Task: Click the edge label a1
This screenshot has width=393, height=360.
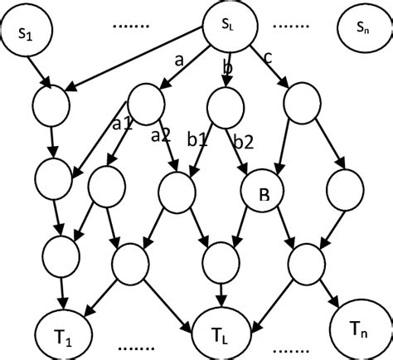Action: [123, 125]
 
